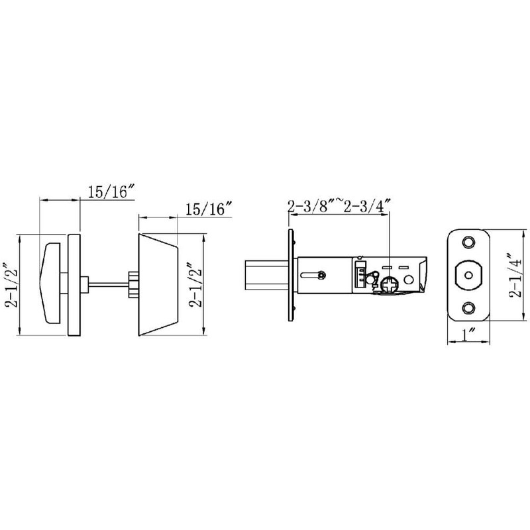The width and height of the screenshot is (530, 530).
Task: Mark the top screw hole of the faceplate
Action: point(469,242)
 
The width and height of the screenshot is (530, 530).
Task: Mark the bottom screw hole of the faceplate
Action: point(469,307)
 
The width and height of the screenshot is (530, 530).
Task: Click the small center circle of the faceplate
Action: point(469,274)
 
